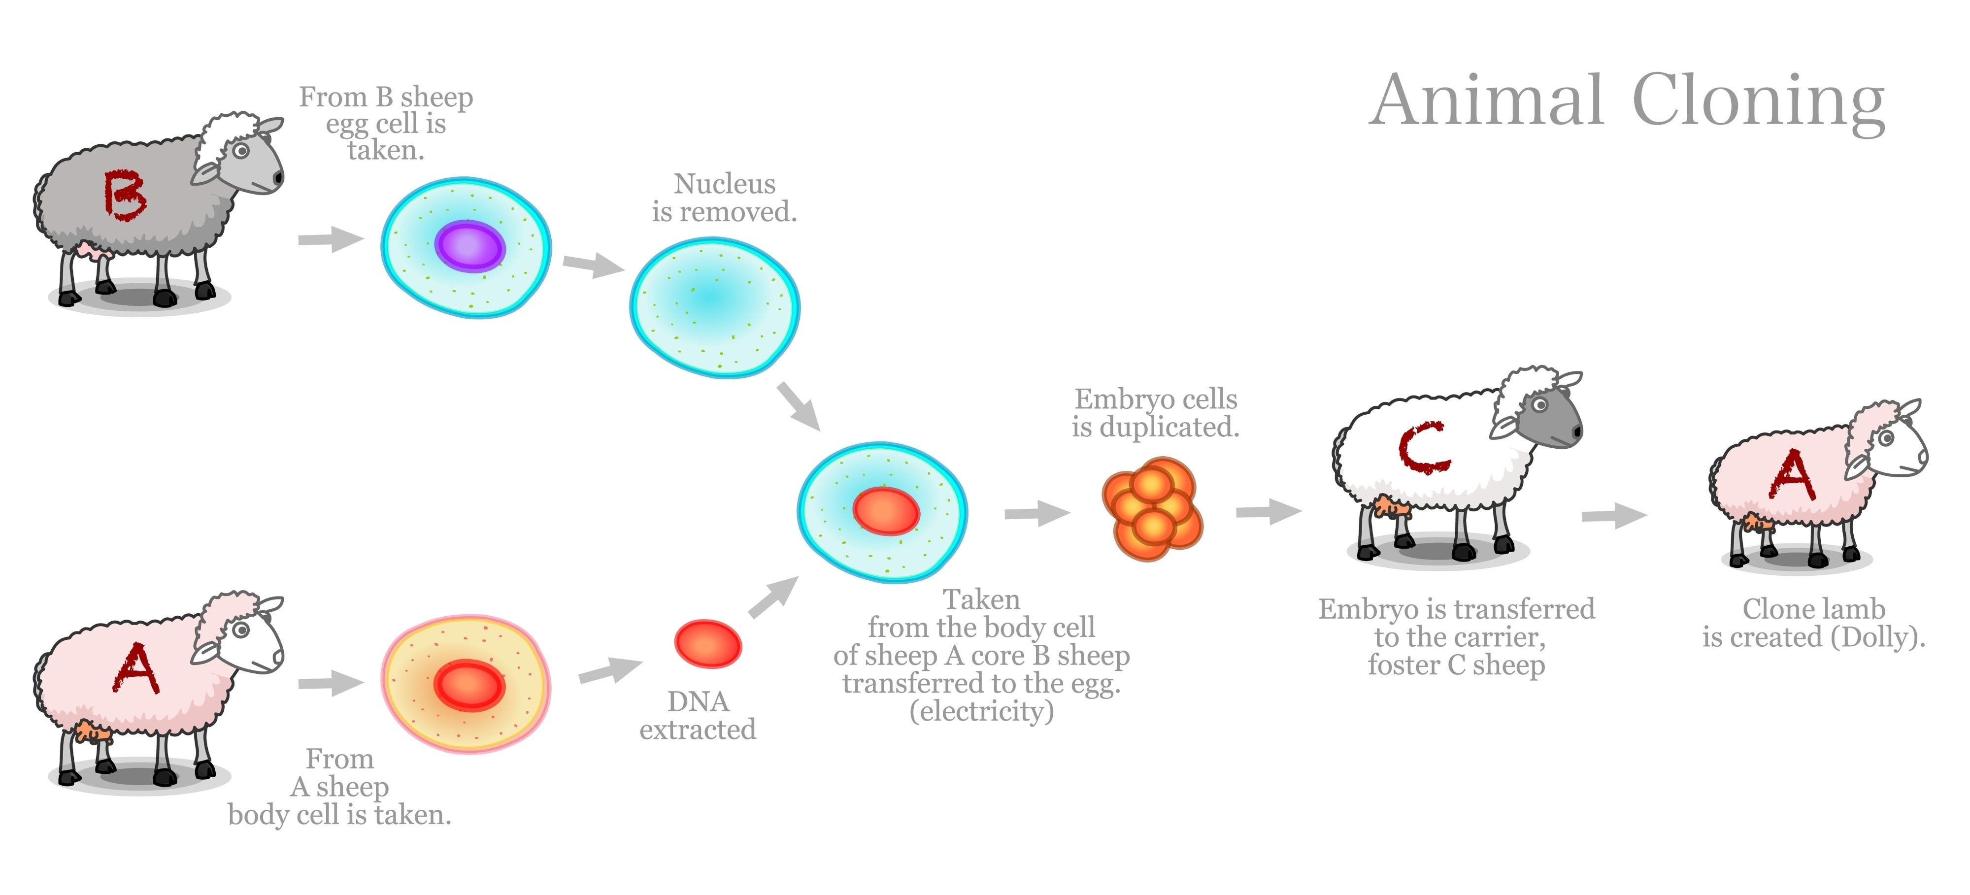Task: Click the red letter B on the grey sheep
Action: (x=124, y=195)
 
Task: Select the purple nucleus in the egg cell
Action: (x=469, y=246)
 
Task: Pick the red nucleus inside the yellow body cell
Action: (x=469, y=685)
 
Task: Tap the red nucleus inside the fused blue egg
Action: (x=886, y=511)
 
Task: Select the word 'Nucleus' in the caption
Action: (x=724, y=184)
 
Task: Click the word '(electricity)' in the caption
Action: (x=981, y=711)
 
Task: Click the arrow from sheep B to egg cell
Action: (x=331, y=239)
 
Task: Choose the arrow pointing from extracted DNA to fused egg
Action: (x=773, y=597)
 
